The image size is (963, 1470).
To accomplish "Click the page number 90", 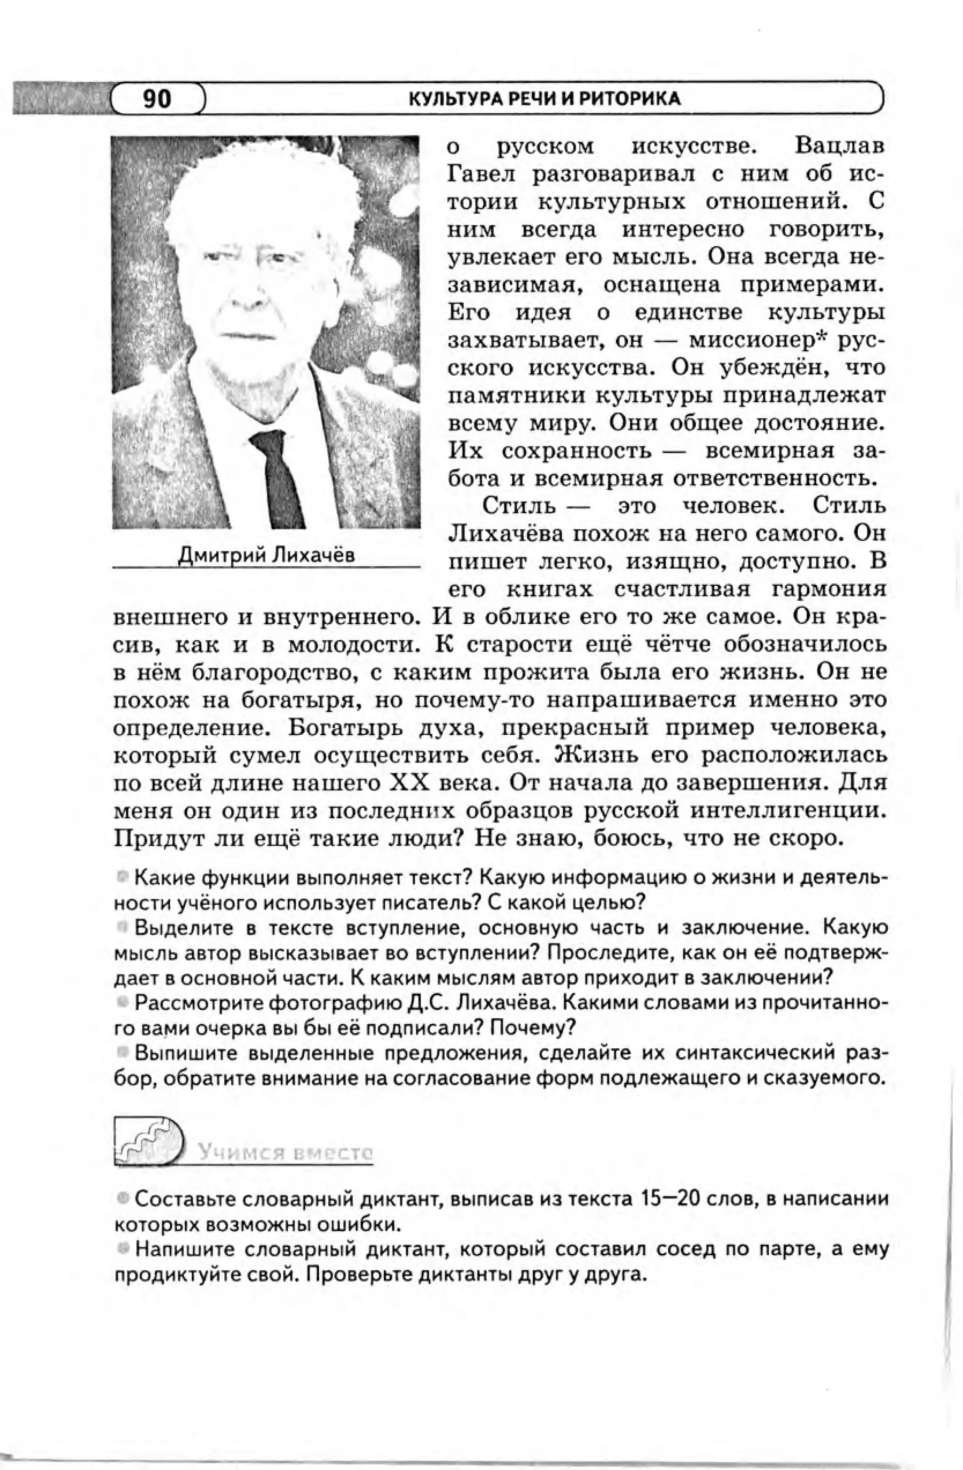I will [x=157, y=99].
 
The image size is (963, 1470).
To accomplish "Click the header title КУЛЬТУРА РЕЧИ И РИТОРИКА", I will [x=545, y=99].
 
